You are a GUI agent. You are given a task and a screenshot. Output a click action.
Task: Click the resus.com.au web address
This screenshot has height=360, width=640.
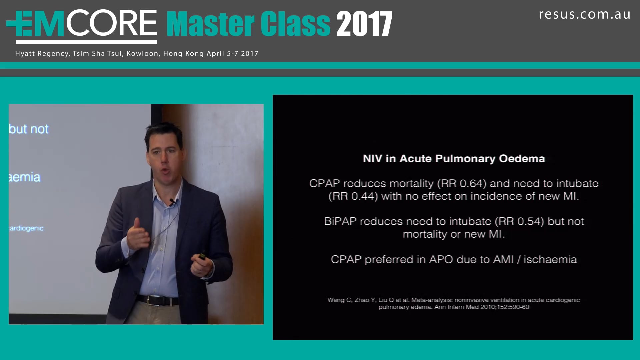(584, 15)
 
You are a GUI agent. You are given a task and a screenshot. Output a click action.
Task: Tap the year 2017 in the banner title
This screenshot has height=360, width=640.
(364, 24)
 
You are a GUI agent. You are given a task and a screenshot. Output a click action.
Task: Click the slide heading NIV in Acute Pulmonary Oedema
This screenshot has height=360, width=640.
(454, 159)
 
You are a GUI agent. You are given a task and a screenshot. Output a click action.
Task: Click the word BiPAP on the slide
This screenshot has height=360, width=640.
(340, 222)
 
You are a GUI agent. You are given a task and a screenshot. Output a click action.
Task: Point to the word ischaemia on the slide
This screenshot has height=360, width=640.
(550, 260)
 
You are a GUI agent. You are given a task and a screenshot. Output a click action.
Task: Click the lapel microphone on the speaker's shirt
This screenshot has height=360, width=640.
(172, 202)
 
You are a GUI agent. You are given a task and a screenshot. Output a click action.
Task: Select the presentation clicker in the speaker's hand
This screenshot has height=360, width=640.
(202, 256)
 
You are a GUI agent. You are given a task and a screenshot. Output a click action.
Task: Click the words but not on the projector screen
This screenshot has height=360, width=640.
(29, 129)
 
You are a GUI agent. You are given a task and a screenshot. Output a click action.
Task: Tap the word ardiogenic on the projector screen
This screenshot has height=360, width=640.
(26, 228)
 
